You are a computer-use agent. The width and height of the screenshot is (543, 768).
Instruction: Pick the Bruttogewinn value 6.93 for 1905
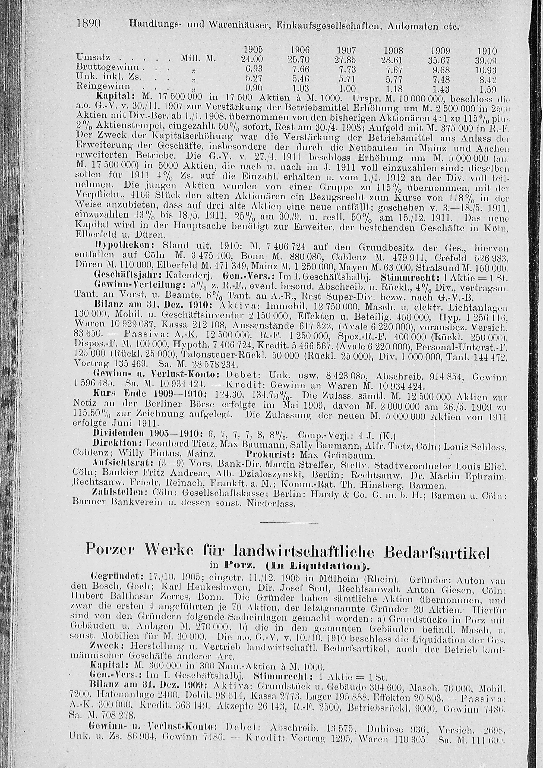(252, 69)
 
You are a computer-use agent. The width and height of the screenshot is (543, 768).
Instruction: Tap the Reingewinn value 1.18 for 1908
(394, 89)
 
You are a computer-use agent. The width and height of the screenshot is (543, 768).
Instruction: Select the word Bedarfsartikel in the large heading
(437, 551)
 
